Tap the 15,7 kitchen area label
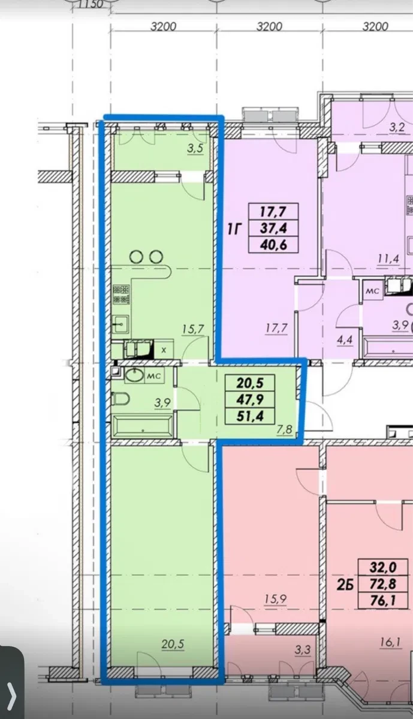point(192,329)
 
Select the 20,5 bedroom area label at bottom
point(173,644)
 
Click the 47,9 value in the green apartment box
point(249,398)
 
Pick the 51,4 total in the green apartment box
point(249,416)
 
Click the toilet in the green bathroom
point(120,398)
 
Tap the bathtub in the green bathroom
point(143,426)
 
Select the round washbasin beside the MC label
point(134,375)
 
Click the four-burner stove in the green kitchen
point(121,294)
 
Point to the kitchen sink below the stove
point(121,323)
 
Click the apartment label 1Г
point(234,228)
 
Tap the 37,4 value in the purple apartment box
point(273,228)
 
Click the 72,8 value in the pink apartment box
point(383,584)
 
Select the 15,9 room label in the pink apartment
point(276,599)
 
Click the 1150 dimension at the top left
point(92,5)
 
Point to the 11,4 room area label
point(388,259)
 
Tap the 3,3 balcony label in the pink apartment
point(302,650)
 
